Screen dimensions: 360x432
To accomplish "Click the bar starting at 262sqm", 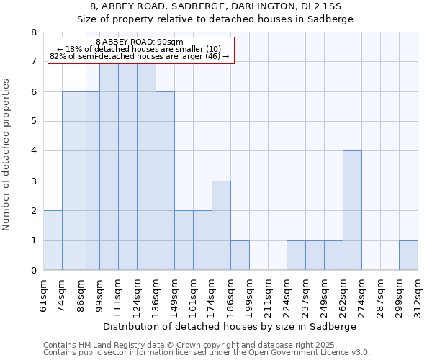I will (x=352, y=210).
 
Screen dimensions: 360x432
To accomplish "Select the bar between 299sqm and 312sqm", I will (x=408, y=255).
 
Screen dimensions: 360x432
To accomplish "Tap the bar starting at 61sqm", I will (x=53, y=240).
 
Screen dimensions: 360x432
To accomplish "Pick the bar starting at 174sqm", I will (x=221, y=225).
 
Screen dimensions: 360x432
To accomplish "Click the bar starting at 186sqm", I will (x=240, y=255).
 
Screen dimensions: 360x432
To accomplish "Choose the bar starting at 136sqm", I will (x=165, y=181).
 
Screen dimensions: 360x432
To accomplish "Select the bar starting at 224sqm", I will (x=296, y=255).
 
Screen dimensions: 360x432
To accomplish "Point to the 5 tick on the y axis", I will (x=33, y=121).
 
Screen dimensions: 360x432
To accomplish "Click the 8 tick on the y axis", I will (x=33, y=32).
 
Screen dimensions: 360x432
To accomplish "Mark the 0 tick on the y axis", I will (x=33, y=271).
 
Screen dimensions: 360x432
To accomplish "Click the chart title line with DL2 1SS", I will (x=216, y=6).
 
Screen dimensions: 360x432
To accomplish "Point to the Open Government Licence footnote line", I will (x=207, y=353).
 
